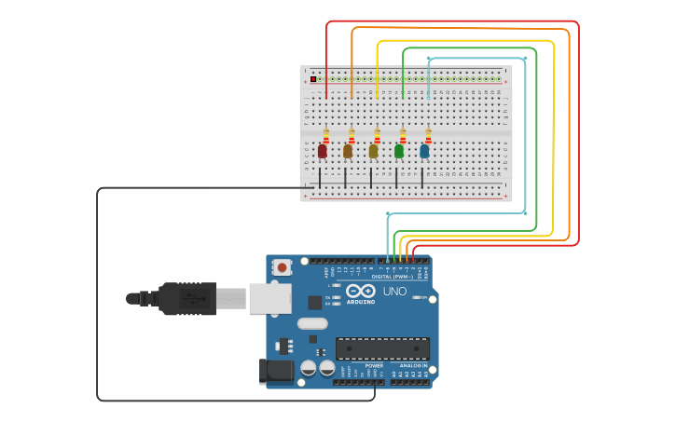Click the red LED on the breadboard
pos(323,151)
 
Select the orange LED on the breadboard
pos(348,151)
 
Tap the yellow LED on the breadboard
pos(374,151)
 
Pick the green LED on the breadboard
pos(399,151)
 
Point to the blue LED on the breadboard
pos(424,151)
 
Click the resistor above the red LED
pos(326,135)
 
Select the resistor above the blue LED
pos(428,135)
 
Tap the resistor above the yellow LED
pos(377,135)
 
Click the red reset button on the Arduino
pos(282,267)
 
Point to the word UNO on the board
pos(394,291)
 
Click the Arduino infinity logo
pos(361,291)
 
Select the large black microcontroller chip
pos(382,348)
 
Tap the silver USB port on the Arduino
pos(270,298)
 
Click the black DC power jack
pos(277,371)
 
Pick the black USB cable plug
pos(187,298)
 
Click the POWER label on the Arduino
pos(374,366)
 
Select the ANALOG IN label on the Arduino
pos(413,366)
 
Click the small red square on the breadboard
pos(313,78)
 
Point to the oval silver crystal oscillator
pos(312,323)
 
